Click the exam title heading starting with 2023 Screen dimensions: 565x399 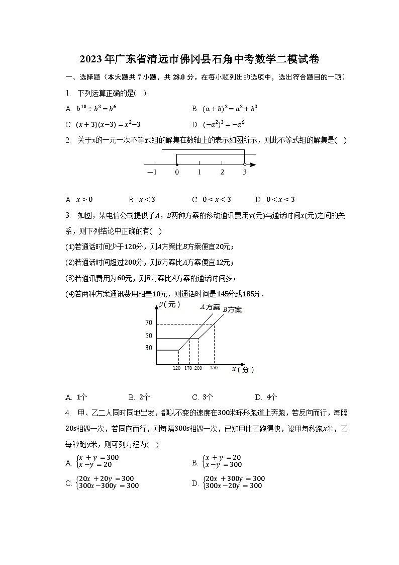(199, 59)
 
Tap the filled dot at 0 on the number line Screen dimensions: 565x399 (177, 165)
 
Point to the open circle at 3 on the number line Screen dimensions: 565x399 (245, 165)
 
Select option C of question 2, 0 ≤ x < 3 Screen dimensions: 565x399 (212, 199)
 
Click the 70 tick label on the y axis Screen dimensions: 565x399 (148, 323)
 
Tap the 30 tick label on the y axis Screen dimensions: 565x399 (148, 348)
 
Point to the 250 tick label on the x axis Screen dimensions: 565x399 (214, 369)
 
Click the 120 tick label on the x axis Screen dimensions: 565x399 (176, 369)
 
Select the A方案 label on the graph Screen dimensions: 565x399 (210, 307)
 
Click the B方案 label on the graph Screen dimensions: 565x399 (232, 310)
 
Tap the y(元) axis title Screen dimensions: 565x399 (169, 304)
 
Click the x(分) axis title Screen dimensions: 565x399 (243, 370)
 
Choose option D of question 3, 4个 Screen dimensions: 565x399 (266, 396)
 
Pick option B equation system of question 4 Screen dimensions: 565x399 (221, 461)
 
